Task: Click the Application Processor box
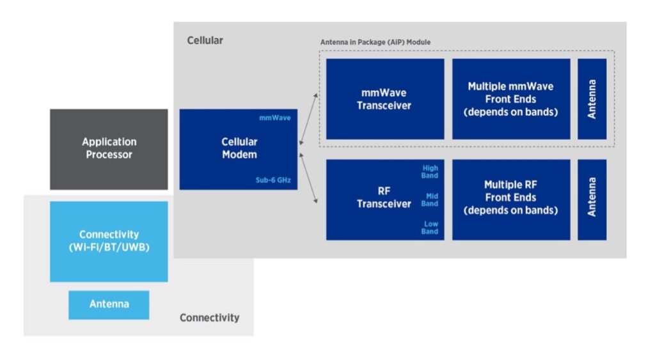[109, 148]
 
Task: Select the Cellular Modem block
[239, 149]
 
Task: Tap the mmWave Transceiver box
[384, 99]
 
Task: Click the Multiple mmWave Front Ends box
[510, 99]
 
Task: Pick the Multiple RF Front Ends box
[510, 200]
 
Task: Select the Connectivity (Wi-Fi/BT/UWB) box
[109, 241]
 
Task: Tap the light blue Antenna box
[109, 304]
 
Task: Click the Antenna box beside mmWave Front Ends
[592, 99]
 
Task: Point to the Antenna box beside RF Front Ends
[592, 200]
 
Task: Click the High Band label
[430, 171]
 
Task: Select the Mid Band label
[430, 200]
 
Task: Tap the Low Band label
[430, 228]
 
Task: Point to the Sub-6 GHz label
[274, 180]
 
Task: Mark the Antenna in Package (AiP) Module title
[375, 42]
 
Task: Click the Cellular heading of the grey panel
[205, 40]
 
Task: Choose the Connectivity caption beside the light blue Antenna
[209, 318]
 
